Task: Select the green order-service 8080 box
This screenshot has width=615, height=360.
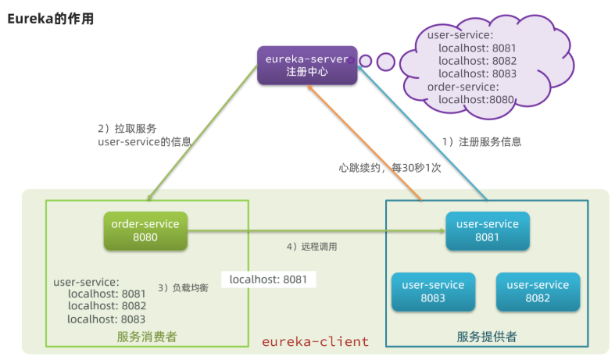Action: click(145, 230)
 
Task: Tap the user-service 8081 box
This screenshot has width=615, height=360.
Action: click(488, 230)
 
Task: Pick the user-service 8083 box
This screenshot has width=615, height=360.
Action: click(433, 291)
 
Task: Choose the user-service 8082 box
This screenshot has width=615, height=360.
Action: click(538, 291)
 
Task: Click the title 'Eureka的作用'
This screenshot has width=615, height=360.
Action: click(51, 20)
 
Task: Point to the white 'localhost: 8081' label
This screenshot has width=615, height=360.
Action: click(268, 279)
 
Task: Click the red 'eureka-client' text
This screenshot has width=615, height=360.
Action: click(315, 341)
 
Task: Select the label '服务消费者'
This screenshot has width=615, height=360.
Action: click(147, 337)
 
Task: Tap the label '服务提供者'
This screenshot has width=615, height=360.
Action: click(487, 337)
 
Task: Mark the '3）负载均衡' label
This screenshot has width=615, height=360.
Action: click(184, 287)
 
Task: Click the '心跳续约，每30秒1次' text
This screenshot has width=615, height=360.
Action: click(390, 167)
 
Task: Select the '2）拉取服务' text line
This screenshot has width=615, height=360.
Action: click(127, 128)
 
